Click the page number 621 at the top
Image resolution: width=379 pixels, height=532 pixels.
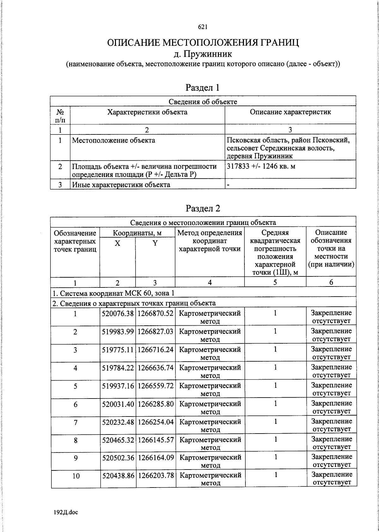click(202, 27)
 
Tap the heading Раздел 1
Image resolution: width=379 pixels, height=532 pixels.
click(202, 87)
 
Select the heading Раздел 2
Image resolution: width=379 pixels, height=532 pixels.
click(203, 208)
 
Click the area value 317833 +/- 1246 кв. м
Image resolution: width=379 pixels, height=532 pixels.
click(261, 166)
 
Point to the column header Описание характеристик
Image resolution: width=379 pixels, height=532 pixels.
click(290, 112)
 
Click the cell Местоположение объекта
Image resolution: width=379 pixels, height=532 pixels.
click(114, 140)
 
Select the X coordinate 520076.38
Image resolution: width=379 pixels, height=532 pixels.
click(118, 313)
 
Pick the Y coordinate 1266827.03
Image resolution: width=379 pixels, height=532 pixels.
click(155, 331)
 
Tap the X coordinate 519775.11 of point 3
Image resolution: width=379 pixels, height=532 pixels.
click(118, 349)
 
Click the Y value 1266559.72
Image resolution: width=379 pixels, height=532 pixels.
click(155, 386)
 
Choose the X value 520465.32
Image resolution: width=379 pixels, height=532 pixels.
click(118, 440)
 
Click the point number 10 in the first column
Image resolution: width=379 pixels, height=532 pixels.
click(76, 476)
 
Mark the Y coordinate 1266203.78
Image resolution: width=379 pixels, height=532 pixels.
click(155, 475)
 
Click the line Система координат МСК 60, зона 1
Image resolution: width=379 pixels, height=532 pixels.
click(113, 293)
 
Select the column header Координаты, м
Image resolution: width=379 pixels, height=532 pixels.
click(137, 233)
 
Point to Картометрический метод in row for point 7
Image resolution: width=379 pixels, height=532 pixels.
click(210, 425)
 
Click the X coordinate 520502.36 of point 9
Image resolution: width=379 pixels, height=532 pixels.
click(118, 457)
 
